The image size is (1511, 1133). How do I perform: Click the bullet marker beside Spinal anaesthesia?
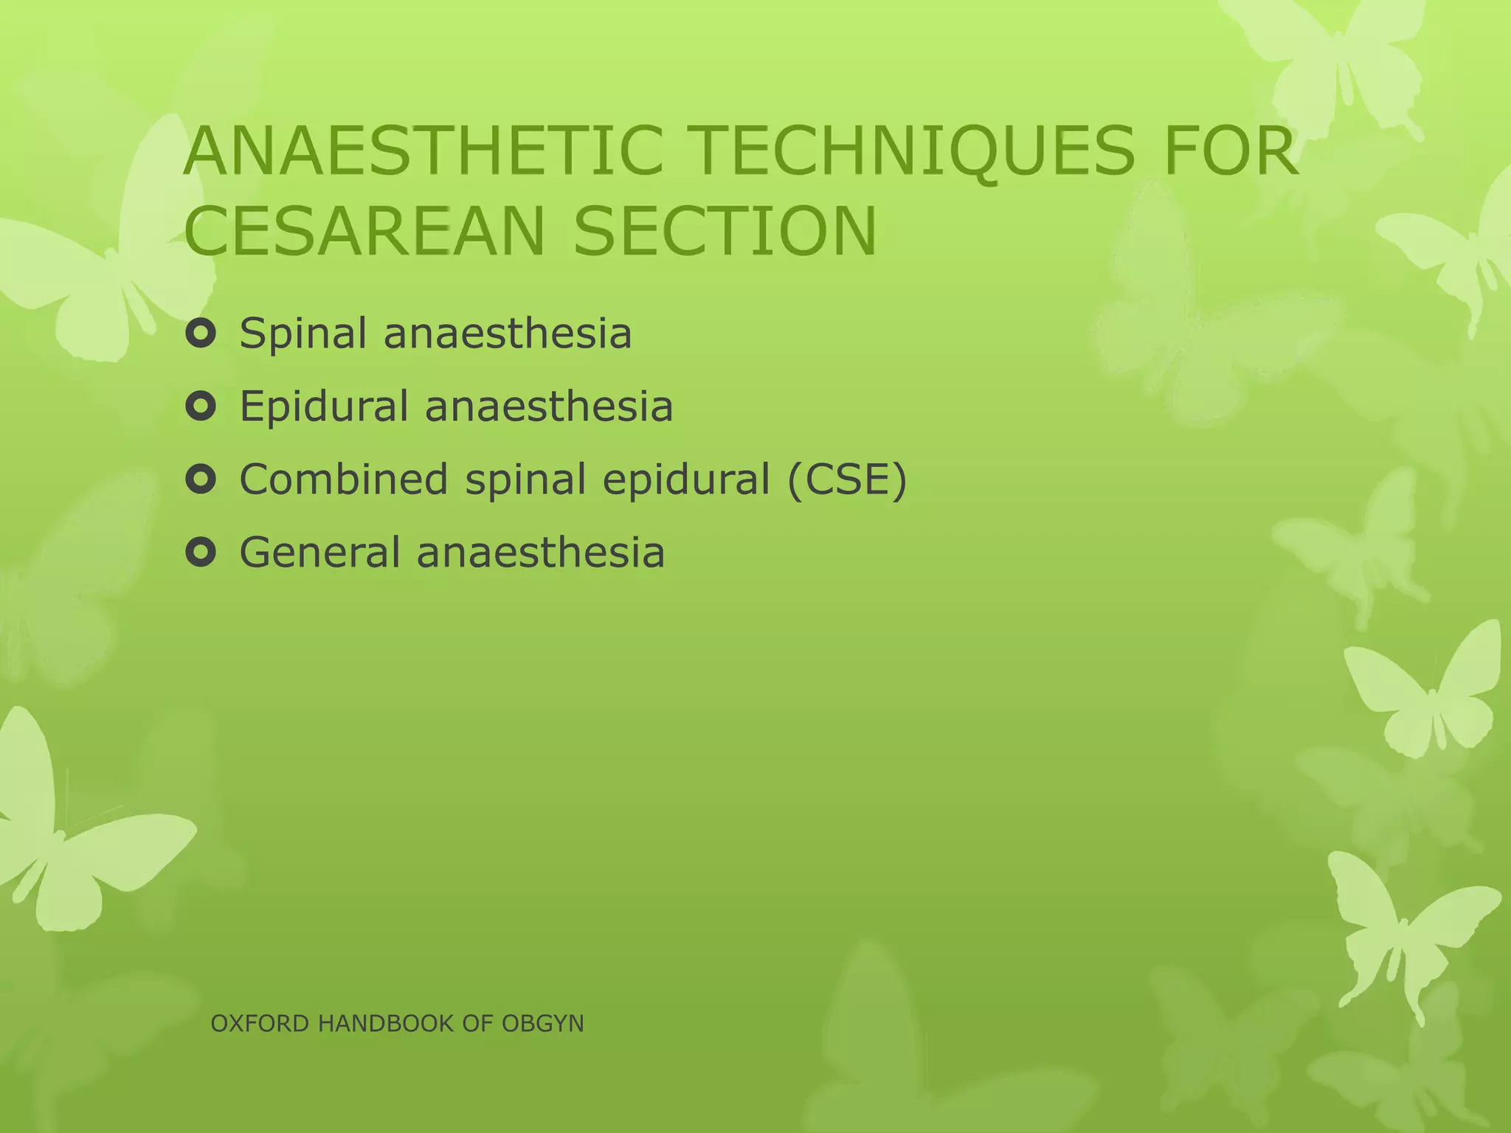pos(201,334)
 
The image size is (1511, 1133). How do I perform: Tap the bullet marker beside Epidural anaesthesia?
pos(201,407)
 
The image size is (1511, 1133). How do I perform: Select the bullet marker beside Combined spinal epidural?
pos(201,480)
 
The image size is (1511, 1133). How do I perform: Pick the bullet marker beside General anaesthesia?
pos(201,552)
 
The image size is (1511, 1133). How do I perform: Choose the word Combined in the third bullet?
pos(343,479)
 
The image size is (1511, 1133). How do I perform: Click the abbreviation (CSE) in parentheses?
pos(846,480)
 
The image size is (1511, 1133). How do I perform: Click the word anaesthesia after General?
pos(540,552)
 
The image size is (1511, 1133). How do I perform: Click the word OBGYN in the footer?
pos(542,1024)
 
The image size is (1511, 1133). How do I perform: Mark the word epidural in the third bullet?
pos(686,480)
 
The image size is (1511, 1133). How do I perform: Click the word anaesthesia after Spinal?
pos(508,334)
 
